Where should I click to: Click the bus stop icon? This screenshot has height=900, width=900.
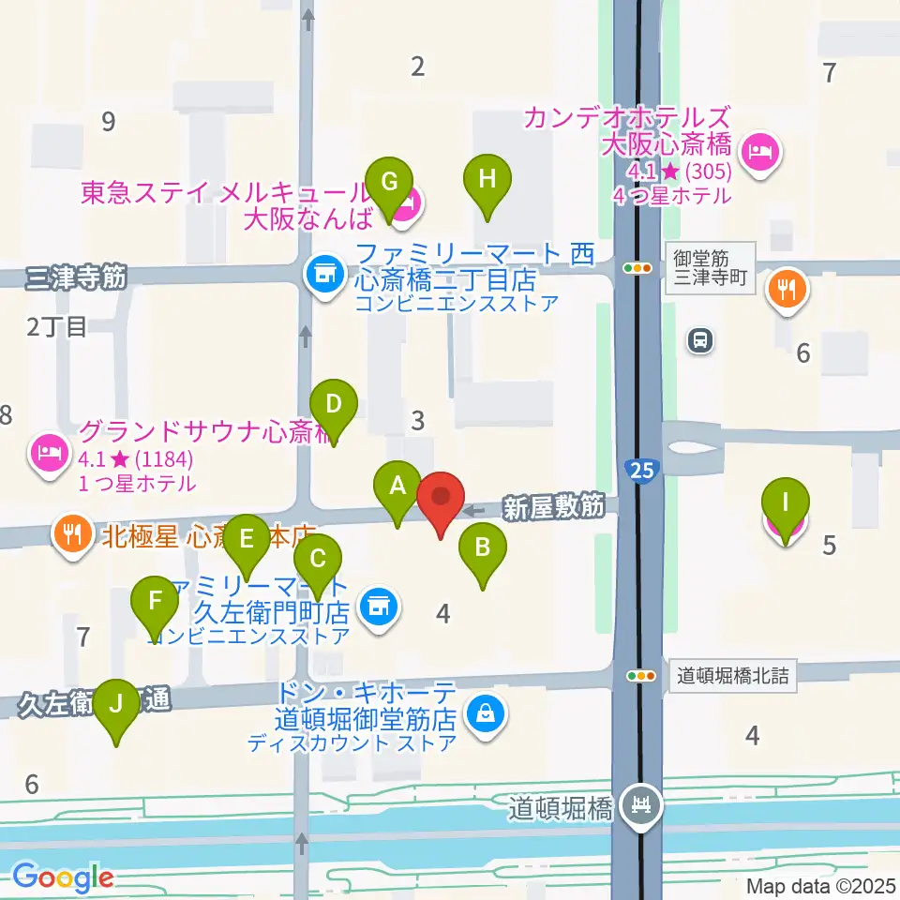[x=699, y=341]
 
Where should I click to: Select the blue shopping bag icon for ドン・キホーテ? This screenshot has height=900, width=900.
[x=487, y=715]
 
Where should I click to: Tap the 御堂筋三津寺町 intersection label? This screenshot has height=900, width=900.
[x=711, y=268]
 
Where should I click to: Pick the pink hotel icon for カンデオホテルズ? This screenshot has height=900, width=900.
[x=757, y=151]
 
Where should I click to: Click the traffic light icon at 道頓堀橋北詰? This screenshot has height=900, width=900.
[x=641, y=675]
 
